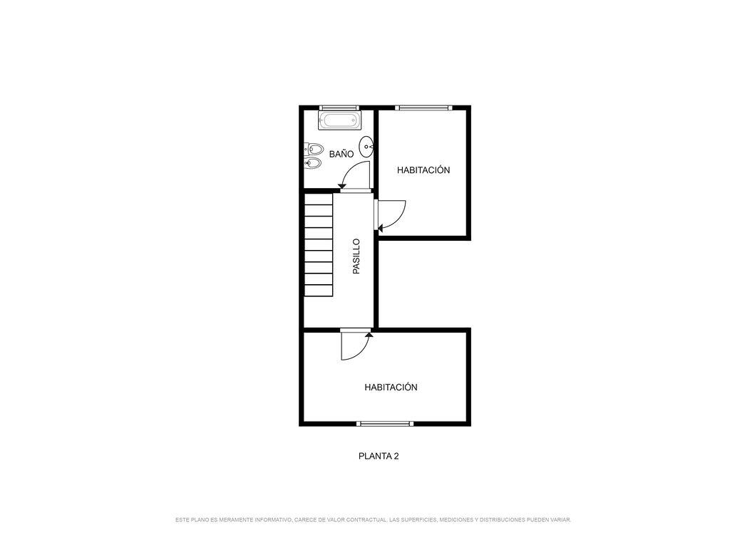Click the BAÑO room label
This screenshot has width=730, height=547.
(x=341, y=154)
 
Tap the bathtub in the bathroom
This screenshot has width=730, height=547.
(x=339, y=121)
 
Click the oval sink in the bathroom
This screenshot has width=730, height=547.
(x=367, y=147)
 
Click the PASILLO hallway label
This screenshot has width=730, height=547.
(x=356, y=256)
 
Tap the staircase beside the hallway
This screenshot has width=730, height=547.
(x=319, y=245)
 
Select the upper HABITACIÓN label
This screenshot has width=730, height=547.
(x=423, y=170)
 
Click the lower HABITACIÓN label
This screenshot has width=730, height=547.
(x=391, y=387)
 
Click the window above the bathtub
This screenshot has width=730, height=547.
(x=339, y=108)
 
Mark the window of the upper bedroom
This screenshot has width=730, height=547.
(x=423, y=108)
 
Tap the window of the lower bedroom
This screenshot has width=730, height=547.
(x=385, y=423)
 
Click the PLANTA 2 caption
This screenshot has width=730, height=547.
(x=379, y=457)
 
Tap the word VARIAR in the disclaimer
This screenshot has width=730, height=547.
(x=561, y=519)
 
